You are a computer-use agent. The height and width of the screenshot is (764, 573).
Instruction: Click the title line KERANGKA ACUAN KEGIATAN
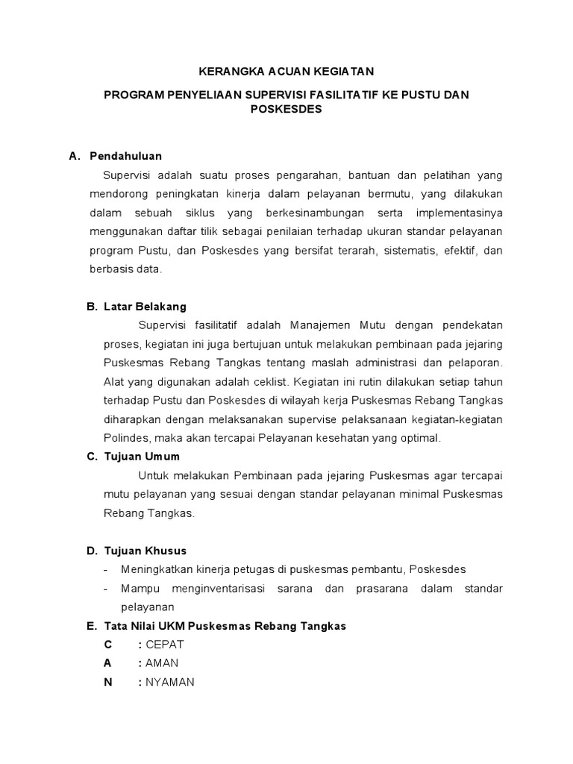[x=286, y=71]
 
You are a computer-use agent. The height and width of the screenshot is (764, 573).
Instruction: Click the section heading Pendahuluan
[x=125, y=156]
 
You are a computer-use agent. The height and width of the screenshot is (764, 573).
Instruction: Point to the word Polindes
[x=123, y=438]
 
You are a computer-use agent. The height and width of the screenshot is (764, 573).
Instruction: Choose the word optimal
[x=422, y=438]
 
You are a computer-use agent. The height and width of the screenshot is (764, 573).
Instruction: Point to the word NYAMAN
[x=170, y=682]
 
